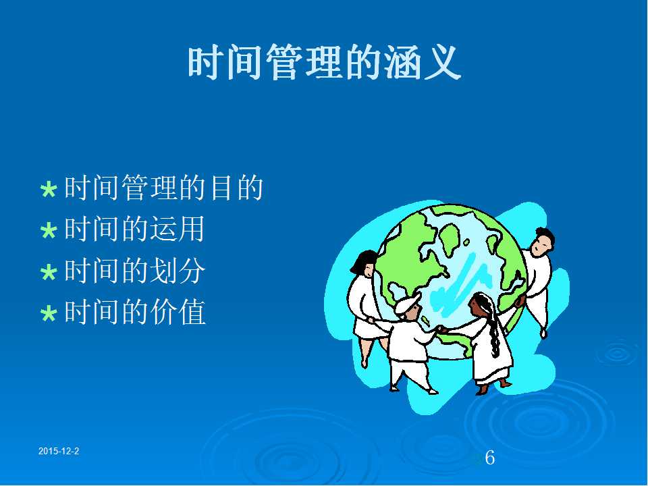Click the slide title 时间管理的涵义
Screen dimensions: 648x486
[325, 63]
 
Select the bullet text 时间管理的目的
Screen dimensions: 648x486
[164, 188]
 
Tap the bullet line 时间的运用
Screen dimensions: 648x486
[135, 229]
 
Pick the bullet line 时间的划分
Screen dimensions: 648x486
[135, 271]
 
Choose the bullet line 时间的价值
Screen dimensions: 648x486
[135, 312]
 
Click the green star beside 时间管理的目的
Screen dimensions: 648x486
[49, 190]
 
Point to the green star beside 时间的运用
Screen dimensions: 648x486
[49, 231]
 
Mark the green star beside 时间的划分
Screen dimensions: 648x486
[49, 272]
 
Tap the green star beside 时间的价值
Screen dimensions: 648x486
[49, 313]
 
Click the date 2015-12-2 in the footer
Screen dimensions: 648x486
[59, 452]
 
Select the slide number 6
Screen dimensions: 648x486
[490, 458]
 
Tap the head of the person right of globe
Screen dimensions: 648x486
[541, 242]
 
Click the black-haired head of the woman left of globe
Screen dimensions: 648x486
[364, 263]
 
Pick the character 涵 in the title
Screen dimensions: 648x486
[403, 63]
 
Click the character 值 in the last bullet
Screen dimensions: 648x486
[192, 312]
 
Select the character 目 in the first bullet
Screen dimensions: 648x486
[221, 188]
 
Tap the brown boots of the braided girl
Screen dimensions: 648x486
[493, 387]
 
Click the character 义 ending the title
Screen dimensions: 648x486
[443, 63]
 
